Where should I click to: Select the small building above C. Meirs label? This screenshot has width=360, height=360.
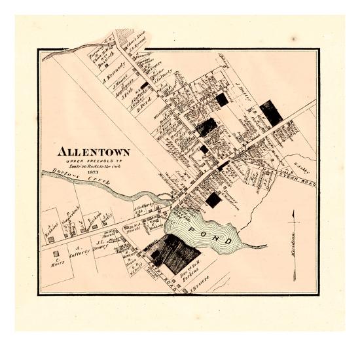[x=56, y=253]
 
